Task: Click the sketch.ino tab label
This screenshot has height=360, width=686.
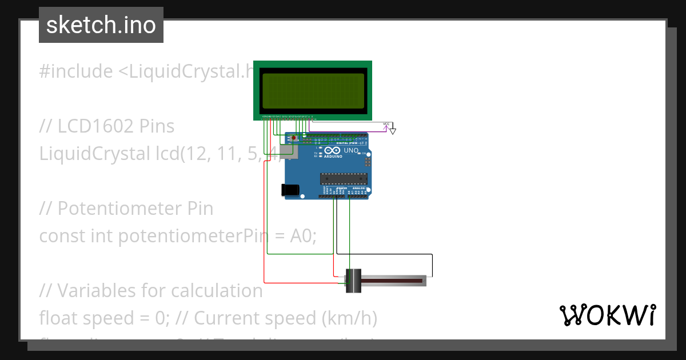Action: [101, 25]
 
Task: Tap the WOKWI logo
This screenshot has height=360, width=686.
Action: [607, 315]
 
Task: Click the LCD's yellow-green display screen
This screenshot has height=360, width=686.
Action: [313, 90]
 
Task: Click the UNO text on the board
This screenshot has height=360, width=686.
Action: [351, 151]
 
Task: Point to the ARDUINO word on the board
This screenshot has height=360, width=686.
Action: [334, 156]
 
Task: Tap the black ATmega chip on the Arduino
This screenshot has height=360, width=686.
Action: [343, 178]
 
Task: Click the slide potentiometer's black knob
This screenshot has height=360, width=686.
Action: [354, 281]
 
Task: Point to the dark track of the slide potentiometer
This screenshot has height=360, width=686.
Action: [394, 281]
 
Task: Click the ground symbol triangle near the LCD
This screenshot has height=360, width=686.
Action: [393, 131]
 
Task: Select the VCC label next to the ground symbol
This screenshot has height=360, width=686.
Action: [386, 124]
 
